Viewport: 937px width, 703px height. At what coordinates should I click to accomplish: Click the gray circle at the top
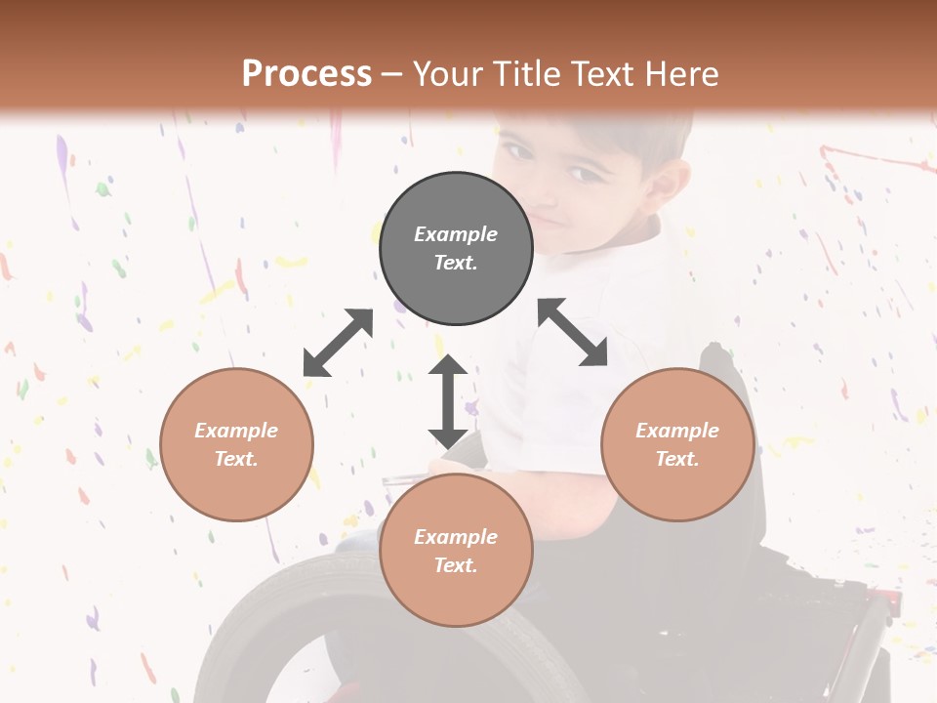456,249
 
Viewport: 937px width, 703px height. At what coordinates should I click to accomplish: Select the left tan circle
236,445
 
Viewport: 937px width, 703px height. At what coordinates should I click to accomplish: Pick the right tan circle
677,445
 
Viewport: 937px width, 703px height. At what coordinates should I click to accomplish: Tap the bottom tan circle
456,551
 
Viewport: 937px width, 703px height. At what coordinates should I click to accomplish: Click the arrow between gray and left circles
338,343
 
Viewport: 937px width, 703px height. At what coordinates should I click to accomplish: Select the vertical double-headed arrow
448,401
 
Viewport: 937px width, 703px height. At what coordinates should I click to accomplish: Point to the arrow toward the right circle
573,332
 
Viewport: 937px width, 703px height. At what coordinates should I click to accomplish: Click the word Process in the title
306,73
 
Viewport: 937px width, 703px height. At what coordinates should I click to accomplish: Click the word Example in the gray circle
456,234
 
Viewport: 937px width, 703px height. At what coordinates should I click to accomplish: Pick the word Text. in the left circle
236,459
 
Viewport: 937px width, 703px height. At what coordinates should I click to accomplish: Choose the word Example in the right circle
677,431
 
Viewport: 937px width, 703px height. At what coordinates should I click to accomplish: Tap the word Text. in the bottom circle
456,565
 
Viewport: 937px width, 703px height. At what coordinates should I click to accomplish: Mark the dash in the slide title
392,74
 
